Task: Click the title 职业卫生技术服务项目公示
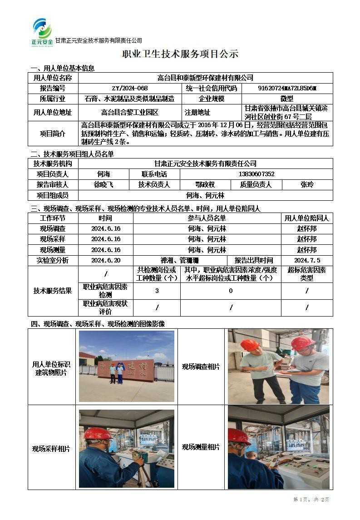(180, 54)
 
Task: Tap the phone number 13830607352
(256, 174)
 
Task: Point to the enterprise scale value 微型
(287, 99)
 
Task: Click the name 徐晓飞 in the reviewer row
(103, 184)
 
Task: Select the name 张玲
(307, 184)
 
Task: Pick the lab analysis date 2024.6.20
(106, 260)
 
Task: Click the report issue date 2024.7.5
(307, 260)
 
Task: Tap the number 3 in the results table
(157, 291)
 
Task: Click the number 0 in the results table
(231, 291)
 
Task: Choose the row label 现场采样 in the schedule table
(53, 239)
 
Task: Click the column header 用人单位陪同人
(307, 218)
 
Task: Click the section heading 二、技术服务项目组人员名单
(72, 154)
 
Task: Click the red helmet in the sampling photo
(98, 434)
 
